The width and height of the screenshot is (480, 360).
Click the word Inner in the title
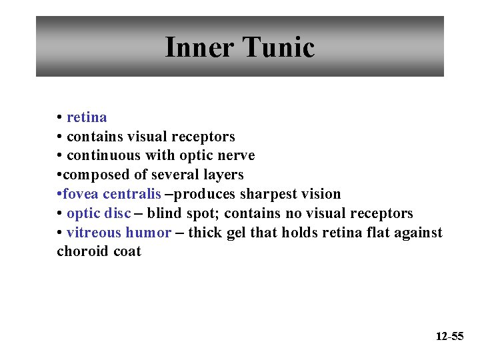pos(198,47)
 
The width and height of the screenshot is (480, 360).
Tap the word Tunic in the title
pos(279,47)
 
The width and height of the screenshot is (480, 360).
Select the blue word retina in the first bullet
pos(87,117)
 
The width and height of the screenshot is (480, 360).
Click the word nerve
pos(235,155)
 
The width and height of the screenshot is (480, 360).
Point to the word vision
pos(321,194)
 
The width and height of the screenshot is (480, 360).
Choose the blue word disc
pos(118,213)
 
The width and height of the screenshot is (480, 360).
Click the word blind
pos(164,213)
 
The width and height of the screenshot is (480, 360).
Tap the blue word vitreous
pos(94,233)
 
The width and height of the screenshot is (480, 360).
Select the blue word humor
pos(149,233)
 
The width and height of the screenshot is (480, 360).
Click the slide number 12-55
pos(449,337)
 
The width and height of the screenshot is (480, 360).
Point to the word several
pos(176,175)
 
